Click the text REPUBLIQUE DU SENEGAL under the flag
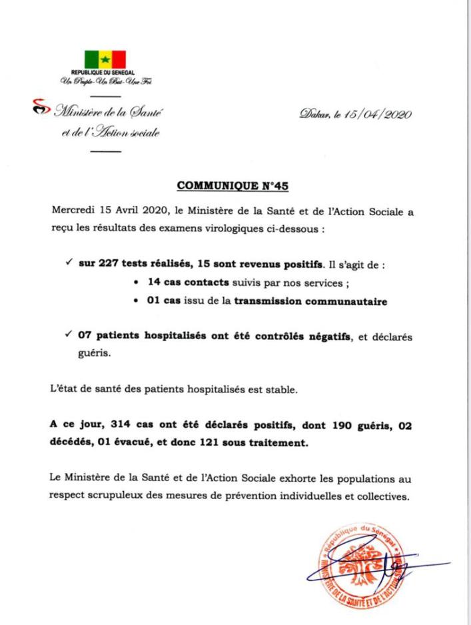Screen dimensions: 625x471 pyautogui.click(x=104, y=72)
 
